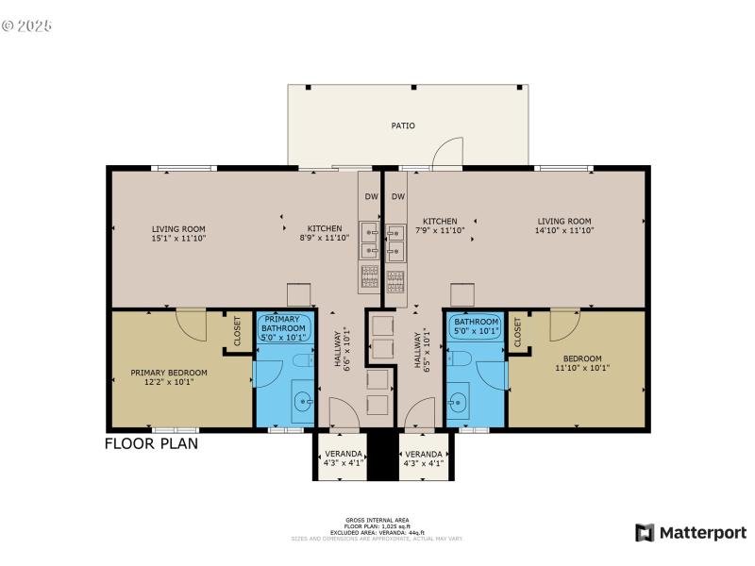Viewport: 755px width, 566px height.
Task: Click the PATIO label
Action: click(403, 125)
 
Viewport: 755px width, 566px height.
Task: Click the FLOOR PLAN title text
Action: click(151, 443)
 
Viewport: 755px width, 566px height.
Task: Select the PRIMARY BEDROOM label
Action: click(169, 373)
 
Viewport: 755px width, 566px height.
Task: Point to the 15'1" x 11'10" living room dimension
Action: click(179, 239)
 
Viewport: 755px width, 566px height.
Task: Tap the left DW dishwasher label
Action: click(370, 197)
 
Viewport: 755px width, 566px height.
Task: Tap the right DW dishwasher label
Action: click(398, 197)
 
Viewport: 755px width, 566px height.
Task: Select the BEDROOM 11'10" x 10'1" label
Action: click(576, 364)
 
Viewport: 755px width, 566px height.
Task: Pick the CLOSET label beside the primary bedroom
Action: click(237, 330)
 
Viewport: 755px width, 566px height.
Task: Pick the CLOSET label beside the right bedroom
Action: click(518, 330)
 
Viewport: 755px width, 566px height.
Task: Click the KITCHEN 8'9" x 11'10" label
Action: click(325, 233)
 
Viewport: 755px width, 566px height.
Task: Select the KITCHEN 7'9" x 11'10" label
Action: click(440, 226)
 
